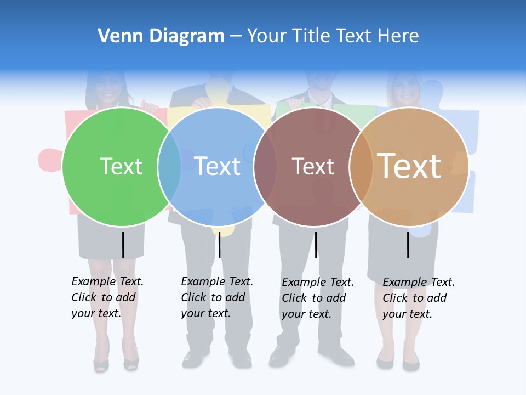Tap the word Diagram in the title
[x=187, y=36]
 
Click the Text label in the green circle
[x=122, y=166]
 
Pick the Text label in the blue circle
[x=218, y=166]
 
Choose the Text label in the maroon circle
[x=313, y=166]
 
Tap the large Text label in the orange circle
[x=409, y=166]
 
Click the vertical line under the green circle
[x=123, y=245]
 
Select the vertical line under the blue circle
[x=219, y=245]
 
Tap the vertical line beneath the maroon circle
[x=316, y=245]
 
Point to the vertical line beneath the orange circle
[x=408, y=245]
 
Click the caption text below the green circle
[x=107, y=297]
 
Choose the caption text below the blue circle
[x=216, y=297]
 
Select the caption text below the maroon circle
[x=317, y=298]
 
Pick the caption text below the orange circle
[x=418, y=298]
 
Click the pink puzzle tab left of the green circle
[x=49, y=160]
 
